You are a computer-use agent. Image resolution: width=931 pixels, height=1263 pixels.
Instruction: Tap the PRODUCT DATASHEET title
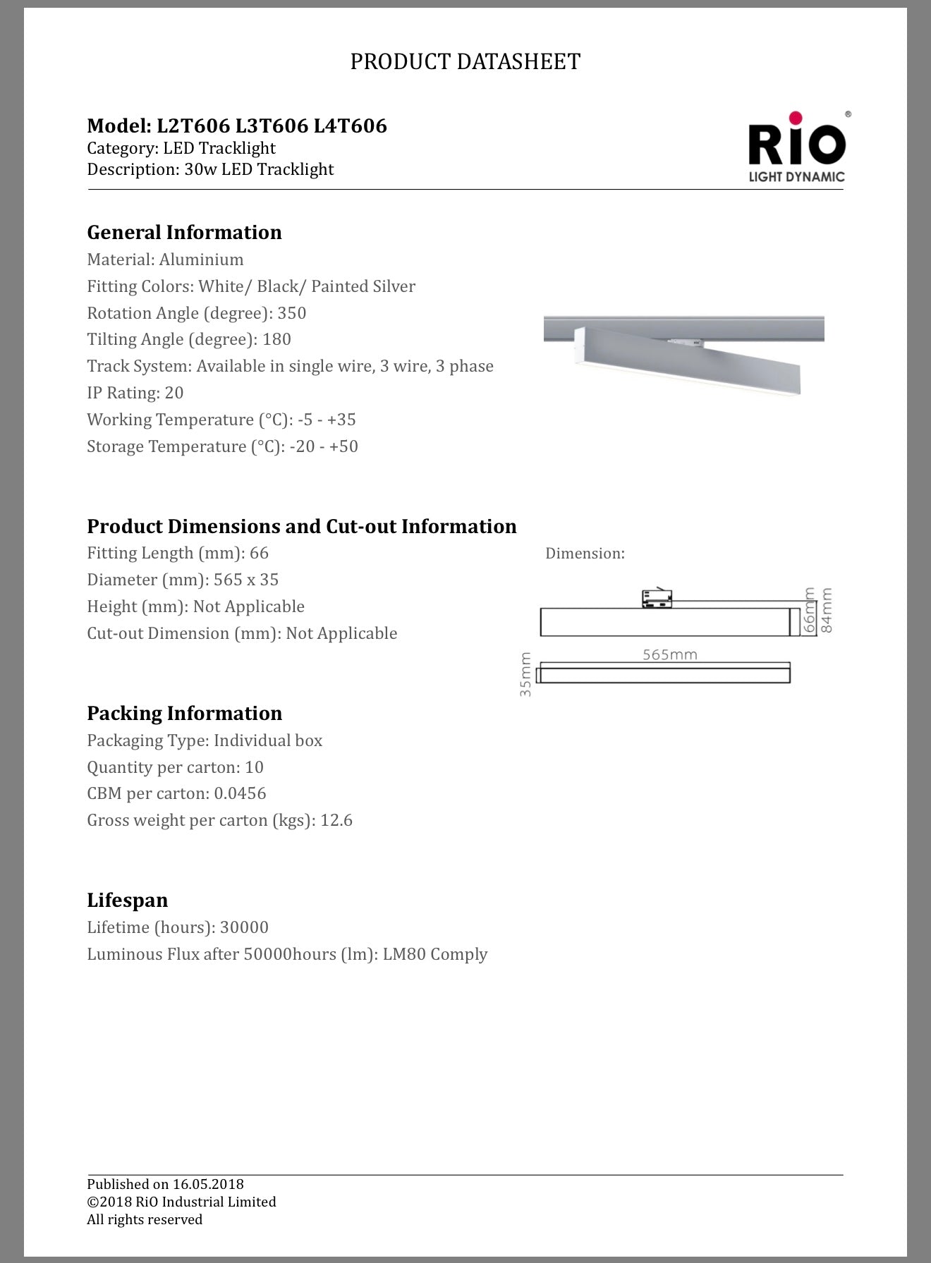[465, 62]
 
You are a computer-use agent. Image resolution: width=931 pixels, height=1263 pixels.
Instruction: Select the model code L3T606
[272, 126]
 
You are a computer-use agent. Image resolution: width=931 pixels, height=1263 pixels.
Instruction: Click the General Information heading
[184, 233]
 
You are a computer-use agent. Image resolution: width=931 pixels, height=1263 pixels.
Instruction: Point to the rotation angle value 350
[291, 313]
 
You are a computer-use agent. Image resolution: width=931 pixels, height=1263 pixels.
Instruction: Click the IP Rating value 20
[174, 393]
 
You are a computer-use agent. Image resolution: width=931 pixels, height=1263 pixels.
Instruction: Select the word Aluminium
[201, 260]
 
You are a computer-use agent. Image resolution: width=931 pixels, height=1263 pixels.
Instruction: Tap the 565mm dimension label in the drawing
[669, 654]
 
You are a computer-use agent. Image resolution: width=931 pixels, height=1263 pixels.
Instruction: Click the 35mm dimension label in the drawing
[525, 675]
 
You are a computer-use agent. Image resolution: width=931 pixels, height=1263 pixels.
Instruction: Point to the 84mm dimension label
[827, 610]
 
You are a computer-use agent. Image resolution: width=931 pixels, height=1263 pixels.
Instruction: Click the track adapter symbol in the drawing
[657, 598]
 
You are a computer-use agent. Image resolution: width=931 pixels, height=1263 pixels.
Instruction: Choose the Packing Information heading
[184, 714]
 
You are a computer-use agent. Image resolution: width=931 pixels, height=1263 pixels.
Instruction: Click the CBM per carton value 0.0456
[240, 793]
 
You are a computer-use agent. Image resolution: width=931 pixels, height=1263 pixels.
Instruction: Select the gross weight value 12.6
[336, 820]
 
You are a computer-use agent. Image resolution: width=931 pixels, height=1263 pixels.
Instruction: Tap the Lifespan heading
[127, 901]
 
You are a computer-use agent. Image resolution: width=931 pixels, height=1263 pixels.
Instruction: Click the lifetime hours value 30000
[244, 927]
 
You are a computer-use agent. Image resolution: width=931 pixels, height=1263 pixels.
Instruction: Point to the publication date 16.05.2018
[208, 1184]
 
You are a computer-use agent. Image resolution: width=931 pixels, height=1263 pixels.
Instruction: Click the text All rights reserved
[145, 1219]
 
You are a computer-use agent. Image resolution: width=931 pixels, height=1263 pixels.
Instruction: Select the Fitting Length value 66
[259, 553]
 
